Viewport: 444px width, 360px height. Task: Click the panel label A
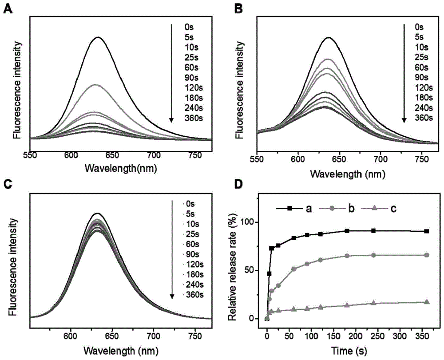coord(8,8)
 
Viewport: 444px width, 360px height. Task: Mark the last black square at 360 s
coord(427,231)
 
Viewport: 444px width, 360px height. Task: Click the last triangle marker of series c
coord(427,302)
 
